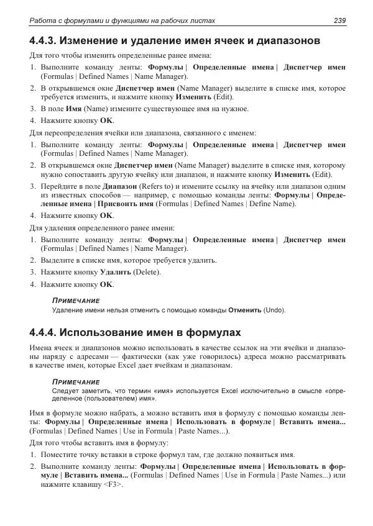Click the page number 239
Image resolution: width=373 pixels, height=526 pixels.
(339, 20)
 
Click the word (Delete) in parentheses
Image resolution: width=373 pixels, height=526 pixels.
(147, 272)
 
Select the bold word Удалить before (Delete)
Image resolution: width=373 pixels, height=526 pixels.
(116, 272)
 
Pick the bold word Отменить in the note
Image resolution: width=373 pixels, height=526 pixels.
(245, 309)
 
